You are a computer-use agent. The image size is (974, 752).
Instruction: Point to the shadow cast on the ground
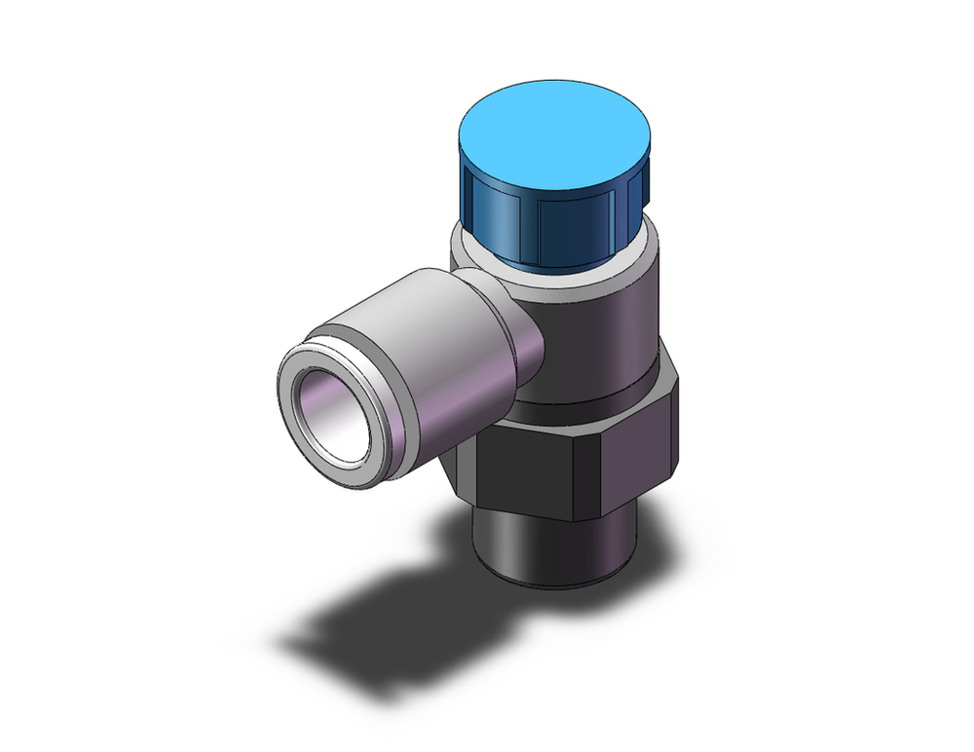(x=390, y=623)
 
